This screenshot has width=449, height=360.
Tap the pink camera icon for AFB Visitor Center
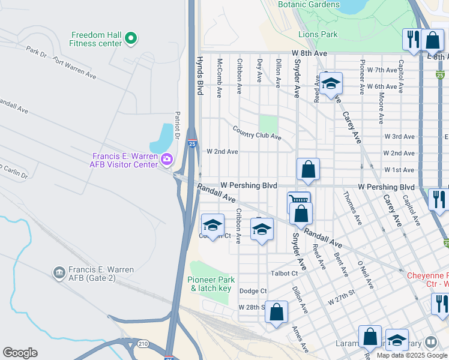tap(166, 159)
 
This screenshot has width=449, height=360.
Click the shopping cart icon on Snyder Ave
tap(298, 201)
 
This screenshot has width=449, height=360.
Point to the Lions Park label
tap(321, 35)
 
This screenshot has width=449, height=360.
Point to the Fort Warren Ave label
tap(74, 68)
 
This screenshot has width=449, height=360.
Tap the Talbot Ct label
tap(284, 273)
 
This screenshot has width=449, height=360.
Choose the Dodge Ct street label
tap(253, 291)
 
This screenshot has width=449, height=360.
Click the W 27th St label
tap(342, 296)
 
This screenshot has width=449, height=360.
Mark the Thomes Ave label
tap(352, 208)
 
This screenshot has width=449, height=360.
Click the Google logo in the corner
tap(20, 352)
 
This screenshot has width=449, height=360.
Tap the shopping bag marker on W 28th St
tap(276, 312)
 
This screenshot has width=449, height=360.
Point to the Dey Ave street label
tap(259, 70)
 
